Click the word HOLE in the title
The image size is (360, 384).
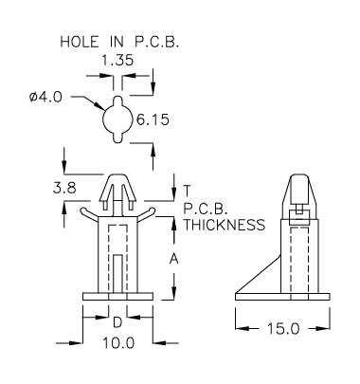(80, 42)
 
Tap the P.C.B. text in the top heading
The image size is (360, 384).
(156, 42)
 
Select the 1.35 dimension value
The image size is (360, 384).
(117, 60)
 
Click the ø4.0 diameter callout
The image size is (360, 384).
(46, 98)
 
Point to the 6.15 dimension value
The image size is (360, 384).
(153, 120)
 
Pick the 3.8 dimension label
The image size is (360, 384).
(64, 189)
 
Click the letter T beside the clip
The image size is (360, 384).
(187, 191)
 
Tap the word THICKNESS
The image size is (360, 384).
(225, 225)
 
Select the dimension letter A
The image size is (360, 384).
(174, 259)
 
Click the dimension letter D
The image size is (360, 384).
(117, 322)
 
